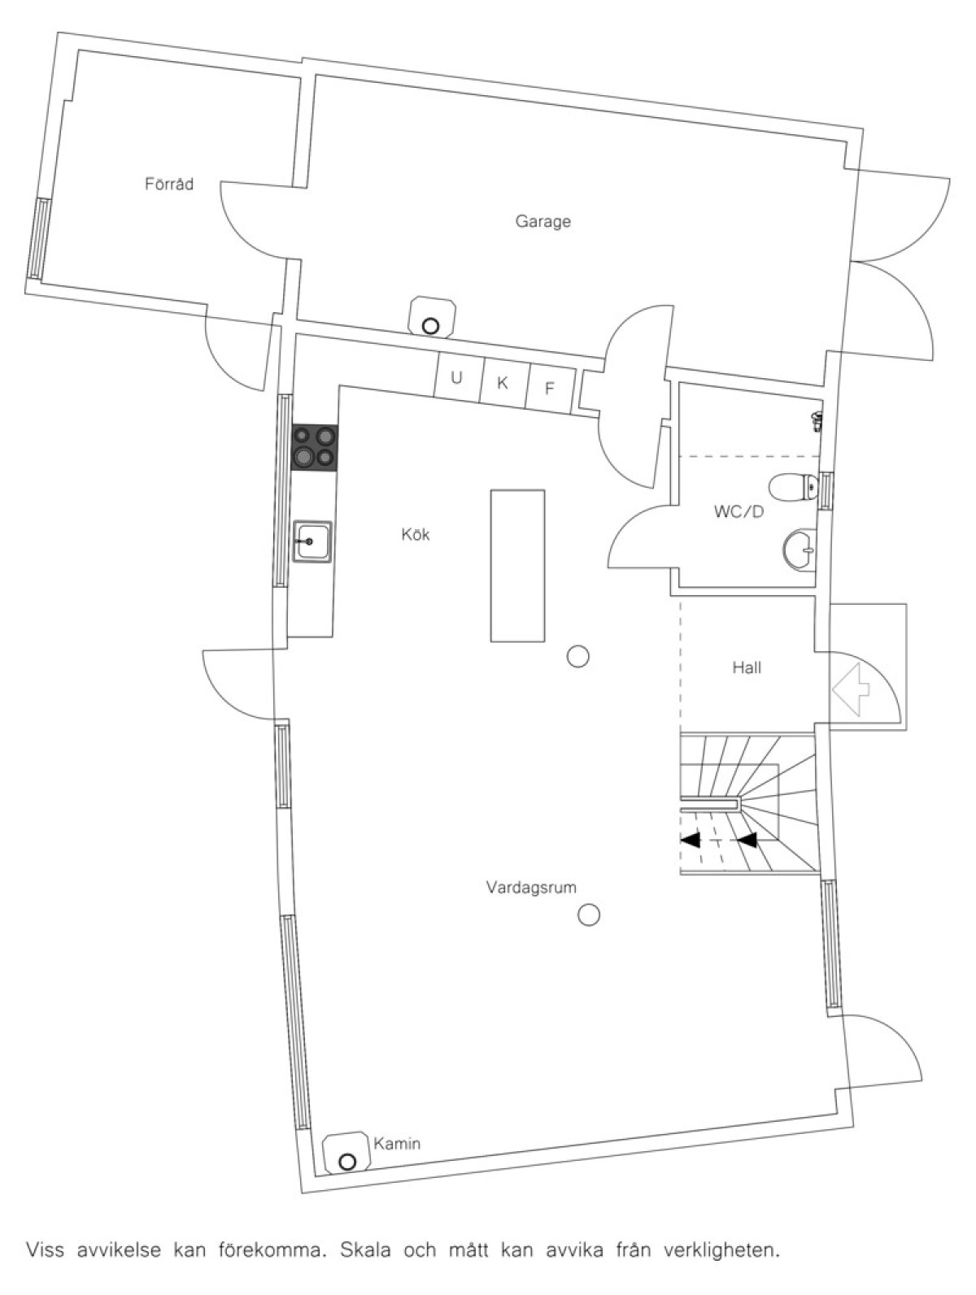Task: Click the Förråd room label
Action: pyautogui.click(x=168, y=184)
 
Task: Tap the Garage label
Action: pyautogui.click(x=542, y=222)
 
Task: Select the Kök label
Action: pyautogui.click(x=416, y=535)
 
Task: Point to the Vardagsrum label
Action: pyautogui.click(x=531, y=888)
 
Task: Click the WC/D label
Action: pyautogui.click(x=739, y=511)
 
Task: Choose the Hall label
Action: pyautogui.click(x=747, y=668)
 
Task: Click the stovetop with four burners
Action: pyautogui.click(x=315, y=447)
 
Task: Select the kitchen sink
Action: pyautogui.click(x=313, y=541)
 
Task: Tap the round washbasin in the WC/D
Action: pyautogui.click(x=800, y=550)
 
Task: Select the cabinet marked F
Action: pyautogui.click(x=550, y=389)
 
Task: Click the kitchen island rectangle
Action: pyautogui.click(x=517, y=565)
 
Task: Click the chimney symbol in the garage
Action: pyautogui.click(x=433, y=317)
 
